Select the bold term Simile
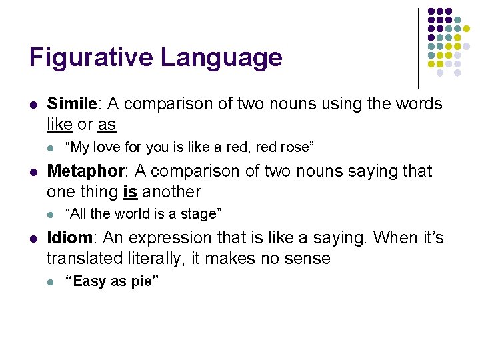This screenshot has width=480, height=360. tap(72, 104)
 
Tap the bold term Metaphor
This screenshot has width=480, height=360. tap(85, 171)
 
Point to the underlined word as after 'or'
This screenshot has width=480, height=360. tap(107, 125)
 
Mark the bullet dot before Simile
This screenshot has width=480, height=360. tap(33, 105)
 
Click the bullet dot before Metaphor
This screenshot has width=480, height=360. tap(33, 172)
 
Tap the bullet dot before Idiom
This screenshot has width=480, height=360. tap(33, 239)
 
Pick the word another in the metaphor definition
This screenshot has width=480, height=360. tap(170, 191)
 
